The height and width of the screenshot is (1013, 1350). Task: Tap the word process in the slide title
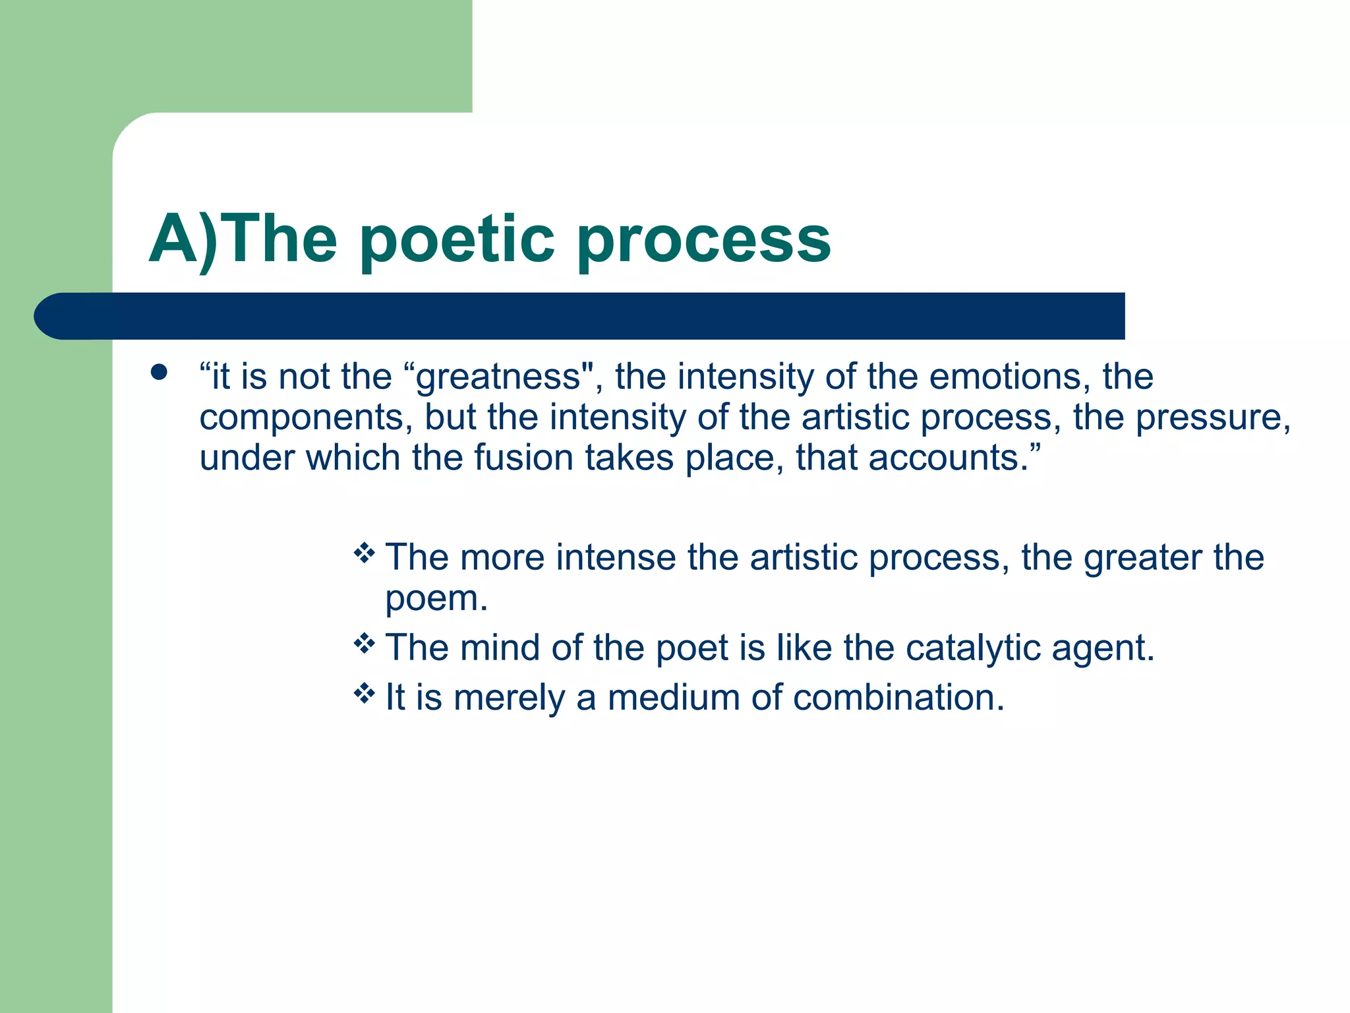[x=703, y=240]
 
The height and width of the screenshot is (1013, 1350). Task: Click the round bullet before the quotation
[x=159, y=373]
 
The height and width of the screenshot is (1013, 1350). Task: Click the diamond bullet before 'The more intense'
[x=364, y=553]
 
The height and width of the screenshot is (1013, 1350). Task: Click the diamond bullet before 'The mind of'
[x=364, y=643]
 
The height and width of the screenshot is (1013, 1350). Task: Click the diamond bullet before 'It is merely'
[x=364, y=693]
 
